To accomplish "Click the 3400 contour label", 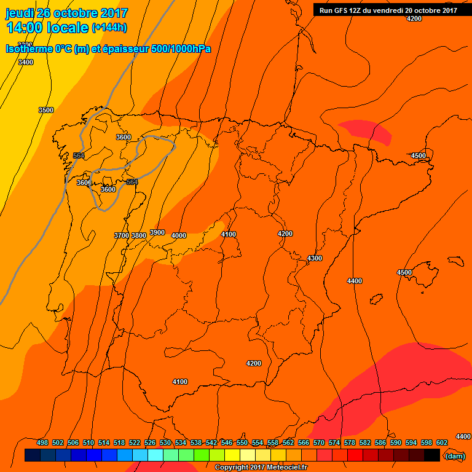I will click(x=26, y=62).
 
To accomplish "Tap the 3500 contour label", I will click(x=46, y=110).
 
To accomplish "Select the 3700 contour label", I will click(x=122, y=235).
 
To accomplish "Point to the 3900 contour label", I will click(x=157, y=232).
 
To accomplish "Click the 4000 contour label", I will click(x=179, y=235).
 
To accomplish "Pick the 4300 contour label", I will click(x=315, y=258).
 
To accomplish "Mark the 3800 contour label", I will click(x=139, y=235).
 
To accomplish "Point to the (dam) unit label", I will click(x=454, y=456).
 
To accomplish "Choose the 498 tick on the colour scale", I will click(x=42, y=442).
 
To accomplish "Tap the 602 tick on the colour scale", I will click(x=442, y=442).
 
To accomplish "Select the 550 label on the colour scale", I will click(x=242, y=442).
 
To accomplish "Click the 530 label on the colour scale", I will click(x=165, y=442).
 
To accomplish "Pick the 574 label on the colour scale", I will click(x=334, y=442).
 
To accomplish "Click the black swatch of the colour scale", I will click(x=431, y=455).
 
